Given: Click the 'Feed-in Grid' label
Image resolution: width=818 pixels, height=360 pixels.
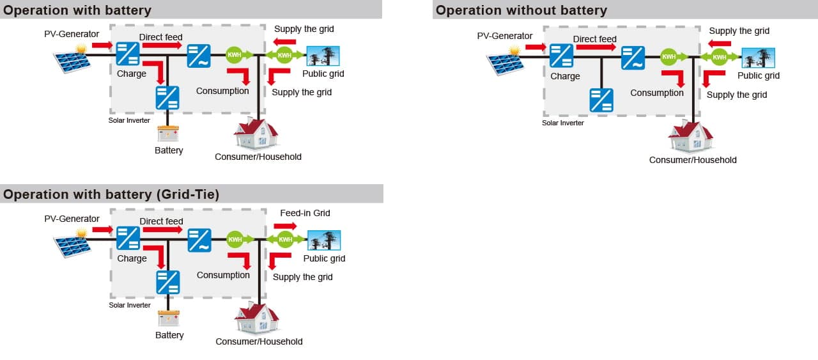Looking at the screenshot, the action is pos(305,213).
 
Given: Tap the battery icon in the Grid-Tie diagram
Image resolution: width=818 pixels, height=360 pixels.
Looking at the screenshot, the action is pos(168,318).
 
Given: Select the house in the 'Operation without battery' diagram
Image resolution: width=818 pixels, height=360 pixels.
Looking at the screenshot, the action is pos(690,137).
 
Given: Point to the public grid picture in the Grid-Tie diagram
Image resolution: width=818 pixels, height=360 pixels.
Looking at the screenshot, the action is pos(324,240).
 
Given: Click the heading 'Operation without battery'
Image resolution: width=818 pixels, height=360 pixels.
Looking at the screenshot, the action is pos(521,10).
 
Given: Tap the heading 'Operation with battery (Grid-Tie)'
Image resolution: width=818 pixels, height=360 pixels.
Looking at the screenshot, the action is pos(111,194).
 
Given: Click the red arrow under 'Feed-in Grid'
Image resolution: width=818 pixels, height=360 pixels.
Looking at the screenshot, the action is pos(285,226).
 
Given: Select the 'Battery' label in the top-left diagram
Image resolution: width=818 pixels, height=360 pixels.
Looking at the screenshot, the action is pos(169,150).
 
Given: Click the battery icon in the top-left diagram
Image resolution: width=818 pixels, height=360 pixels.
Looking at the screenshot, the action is pos(168,134).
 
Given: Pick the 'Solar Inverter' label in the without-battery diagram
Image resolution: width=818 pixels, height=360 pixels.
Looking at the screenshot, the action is pos(563,123).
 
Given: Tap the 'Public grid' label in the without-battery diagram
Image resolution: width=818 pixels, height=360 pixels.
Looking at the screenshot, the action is pos(759,75).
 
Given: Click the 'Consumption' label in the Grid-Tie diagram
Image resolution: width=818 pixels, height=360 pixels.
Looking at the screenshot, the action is pos(223,275).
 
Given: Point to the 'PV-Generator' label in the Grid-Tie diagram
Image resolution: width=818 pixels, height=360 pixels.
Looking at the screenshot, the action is pos(72,219).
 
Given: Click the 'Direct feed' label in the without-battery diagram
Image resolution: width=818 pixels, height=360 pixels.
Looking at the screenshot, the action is pos(594,39).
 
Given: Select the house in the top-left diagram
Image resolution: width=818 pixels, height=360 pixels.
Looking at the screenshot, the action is pos(256,134).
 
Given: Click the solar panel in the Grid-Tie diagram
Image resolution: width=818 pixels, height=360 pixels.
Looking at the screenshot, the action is pos(72,243).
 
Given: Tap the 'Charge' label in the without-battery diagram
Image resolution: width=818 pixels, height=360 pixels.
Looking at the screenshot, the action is pos(565,76).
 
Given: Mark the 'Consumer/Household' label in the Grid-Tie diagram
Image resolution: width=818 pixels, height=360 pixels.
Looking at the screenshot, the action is pos(259,341).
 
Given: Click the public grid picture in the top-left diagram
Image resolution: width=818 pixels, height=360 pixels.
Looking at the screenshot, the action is pos(323,56).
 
